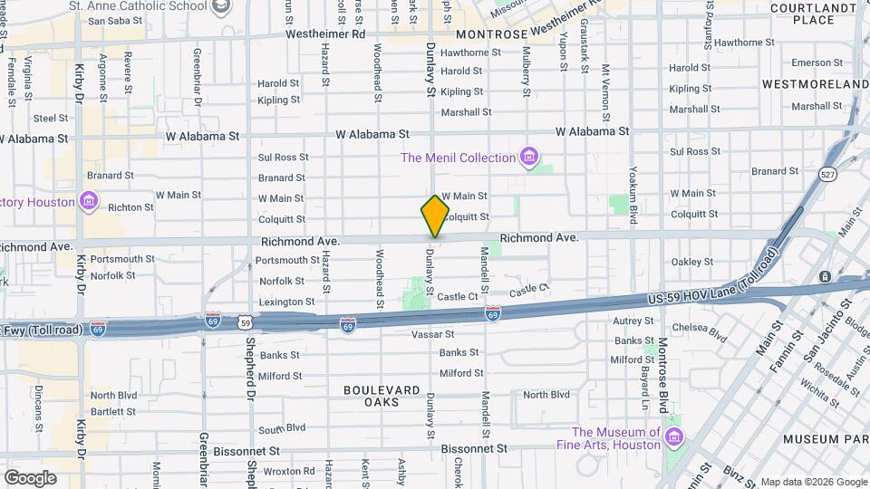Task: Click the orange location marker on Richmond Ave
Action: click(435, 217)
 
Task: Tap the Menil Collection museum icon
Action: click(529, 158)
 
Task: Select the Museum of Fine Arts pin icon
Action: click(673, 438)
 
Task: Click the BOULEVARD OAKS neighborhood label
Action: click(382, 396)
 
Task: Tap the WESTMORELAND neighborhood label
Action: click(815, 84)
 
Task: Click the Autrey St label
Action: click(633, 321)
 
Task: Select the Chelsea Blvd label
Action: click(707, 336)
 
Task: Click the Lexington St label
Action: click(285, 302)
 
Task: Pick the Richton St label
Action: click(124, 207)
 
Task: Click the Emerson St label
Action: click(817, 62)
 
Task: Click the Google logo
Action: click(30, 477)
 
